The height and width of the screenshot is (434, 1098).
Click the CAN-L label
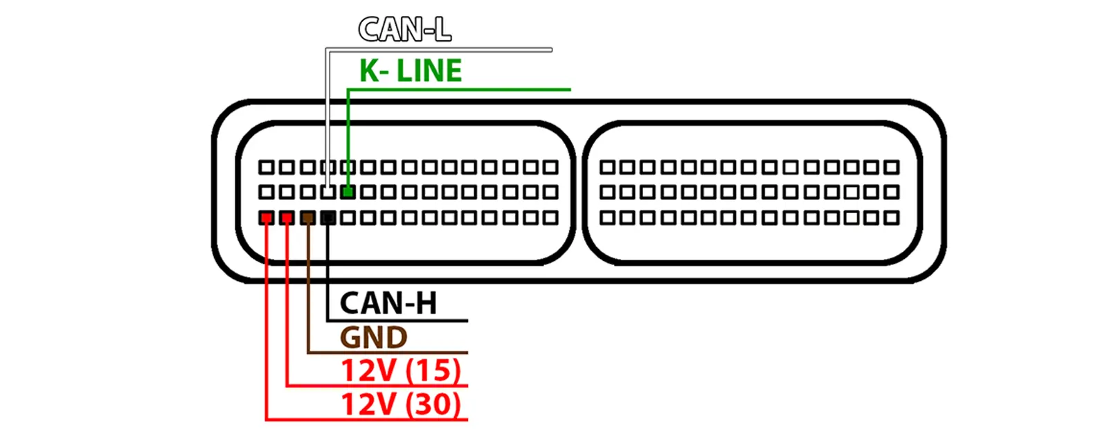coord(404,30)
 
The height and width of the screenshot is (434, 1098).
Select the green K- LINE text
coord(411,71)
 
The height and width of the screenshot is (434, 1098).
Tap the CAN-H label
coord(388,303)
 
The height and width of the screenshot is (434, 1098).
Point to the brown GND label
coord(373,338)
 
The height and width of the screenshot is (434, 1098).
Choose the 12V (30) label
coord(400,404)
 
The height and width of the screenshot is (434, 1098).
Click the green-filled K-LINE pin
coord(348,192)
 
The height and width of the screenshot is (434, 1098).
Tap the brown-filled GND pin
coord(308,218)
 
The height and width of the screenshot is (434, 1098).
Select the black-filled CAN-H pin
coord(328,218)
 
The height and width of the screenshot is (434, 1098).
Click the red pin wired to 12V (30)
coord(267,218)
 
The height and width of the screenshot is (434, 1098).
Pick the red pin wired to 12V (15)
coord(287,218)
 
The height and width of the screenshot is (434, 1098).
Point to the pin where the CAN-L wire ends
coord(328,192)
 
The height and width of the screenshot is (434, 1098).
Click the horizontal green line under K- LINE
coord(457,89)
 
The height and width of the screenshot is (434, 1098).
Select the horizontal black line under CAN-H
coord(398,320)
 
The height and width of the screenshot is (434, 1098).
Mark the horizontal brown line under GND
coord(388,352)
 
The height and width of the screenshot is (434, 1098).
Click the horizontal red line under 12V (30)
coord(367,419)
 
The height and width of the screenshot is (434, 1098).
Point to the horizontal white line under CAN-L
coord(440,50)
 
